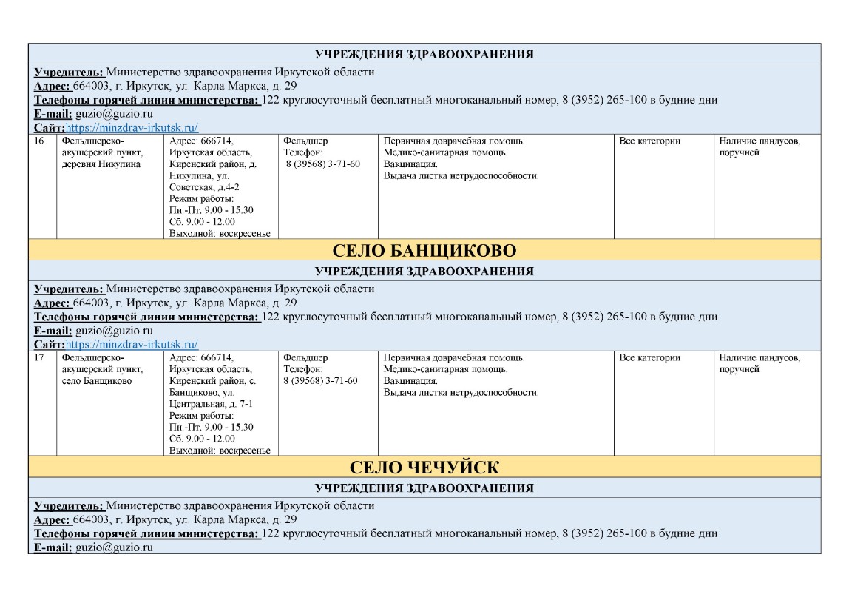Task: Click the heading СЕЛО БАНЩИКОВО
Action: (424, 249)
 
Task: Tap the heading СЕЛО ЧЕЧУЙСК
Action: (424, 467)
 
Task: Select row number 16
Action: (41, 141)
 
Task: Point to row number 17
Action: (41, 357)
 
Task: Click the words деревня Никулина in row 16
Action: (101, 164)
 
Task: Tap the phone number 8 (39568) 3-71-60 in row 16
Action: (323, 164)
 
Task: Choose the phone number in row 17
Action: (320, 381)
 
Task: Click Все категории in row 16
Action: (649, 141)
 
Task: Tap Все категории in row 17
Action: (649, 357)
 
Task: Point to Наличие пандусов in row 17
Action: (760, 357)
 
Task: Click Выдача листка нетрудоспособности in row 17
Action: (461, 392)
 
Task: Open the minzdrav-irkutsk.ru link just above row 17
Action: (132, 344)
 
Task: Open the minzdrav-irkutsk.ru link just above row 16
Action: (132, 127)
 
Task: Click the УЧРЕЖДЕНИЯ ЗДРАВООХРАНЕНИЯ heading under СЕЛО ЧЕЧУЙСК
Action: (424, 488)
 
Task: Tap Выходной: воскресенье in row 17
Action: (219, 450)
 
